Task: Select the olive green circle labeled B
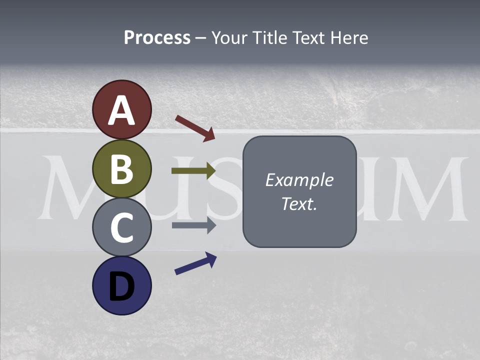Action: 122,169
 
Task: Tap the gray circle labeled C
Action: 122,227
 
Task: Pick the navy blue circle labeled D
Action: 122,285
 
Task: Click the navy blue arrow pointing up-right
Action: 195,263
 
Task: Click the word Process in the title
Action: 157,37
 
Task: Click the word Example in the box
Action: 299,180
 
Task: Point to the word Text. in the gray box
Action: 299,204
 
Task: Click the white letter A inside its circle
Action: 122,111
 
